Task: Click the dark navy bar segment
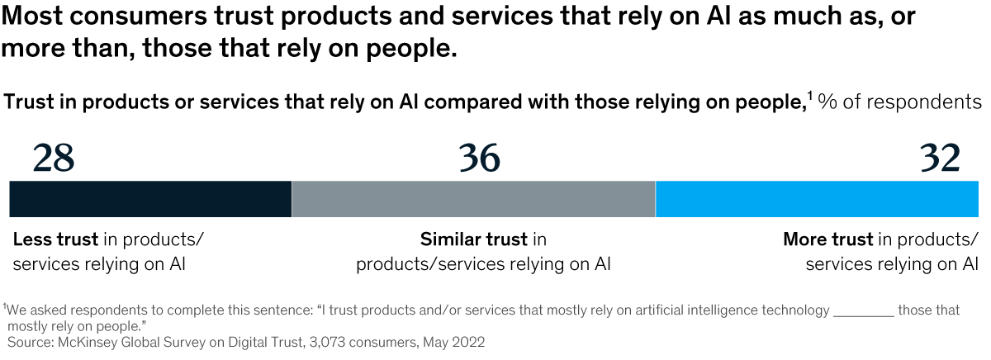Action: point(150,199)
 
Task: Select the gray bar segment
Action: point(473,199)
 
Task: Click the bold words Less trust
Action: point(55,240)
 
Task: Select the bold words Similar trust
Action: point(473,240)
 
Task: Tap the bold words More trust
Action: point(827,240)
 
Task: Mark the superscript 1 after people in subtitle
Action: point(810,97)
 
